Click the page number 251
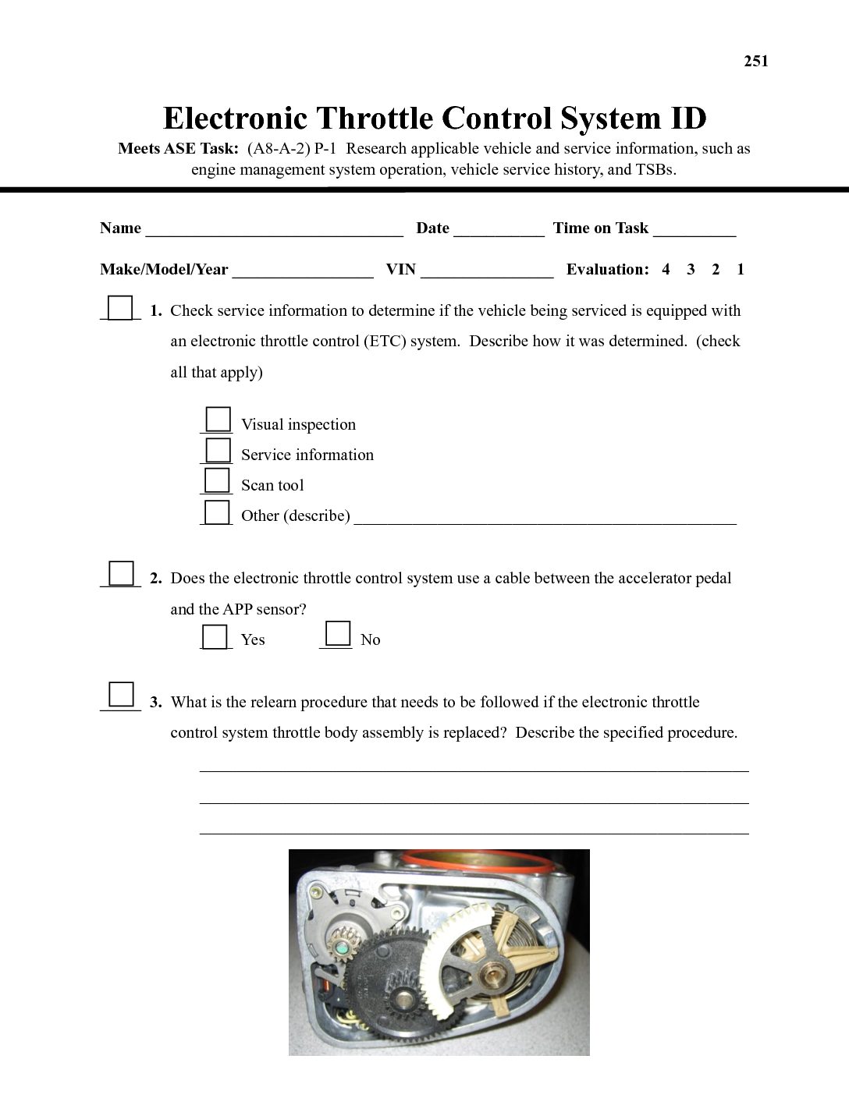755,62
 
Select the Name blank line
274,229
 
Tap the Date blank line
498,229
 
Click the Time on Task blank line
694,229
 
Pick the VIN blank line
486,271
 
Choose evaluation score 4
666,270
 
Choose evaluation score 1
740,270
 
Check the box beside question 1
120,308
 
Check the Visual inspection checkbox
218,420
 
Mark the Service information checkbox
218,450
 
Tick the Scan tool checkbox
218,480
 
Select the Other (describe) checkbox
218,512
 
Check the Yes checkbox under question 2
215,636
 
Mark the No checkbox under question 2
338,633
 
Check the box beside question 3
121,694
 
